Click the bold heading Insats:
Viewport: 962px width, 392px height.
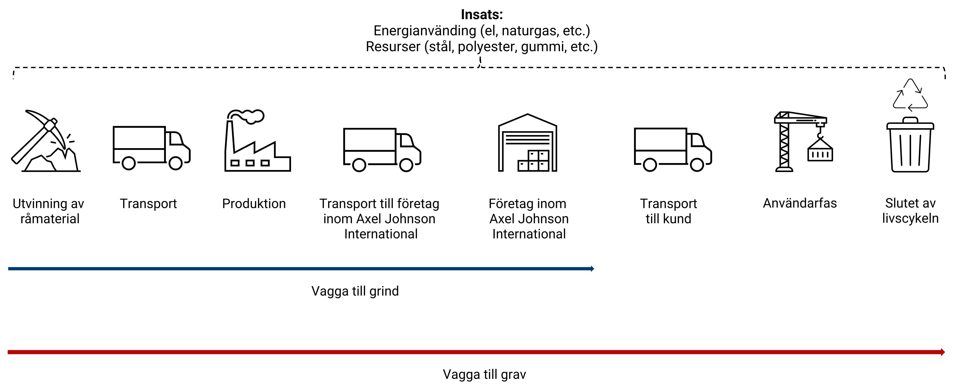[482, 15]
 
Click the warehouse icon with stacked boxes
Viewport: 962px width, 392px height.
[527, 143]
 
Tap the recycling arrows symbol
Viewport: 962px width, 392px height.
[910, 95]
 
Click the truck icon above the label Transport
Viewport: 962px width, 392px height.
[151, 148]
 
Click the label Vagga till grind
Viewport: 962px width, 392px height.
[355, 291]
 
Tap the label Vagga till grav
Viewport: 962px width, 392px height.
[484, 374]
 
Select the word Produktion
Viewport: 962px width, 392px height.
[254, 204]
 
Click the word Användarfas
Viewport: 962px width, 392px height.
[800, 203]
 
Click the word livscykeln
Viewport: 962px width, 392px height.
[910, 218]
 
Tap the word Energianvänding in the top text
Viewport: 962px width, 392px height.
[425, 31]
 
